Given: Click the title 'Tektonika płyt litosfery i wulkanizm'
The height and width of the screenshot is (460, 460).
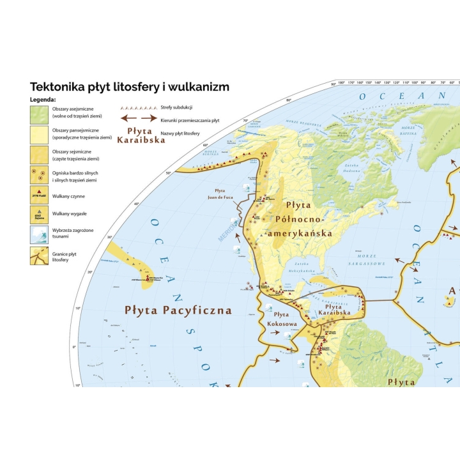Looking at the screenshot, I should [x=130, y=87].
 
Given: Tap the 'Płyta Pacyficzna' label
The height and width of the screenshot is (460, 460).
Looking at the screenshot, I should [x=178, y=311].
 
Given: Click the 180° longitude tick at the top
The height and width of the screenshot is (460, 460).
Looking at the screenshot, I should [x=341, y=83].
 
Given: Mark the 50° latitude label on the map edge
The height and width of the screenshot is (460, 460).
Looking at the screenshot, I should [x=169, y=173].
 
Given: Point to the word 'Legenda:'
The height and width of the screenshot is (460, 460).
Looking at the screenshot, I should [x=43, y=100].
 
